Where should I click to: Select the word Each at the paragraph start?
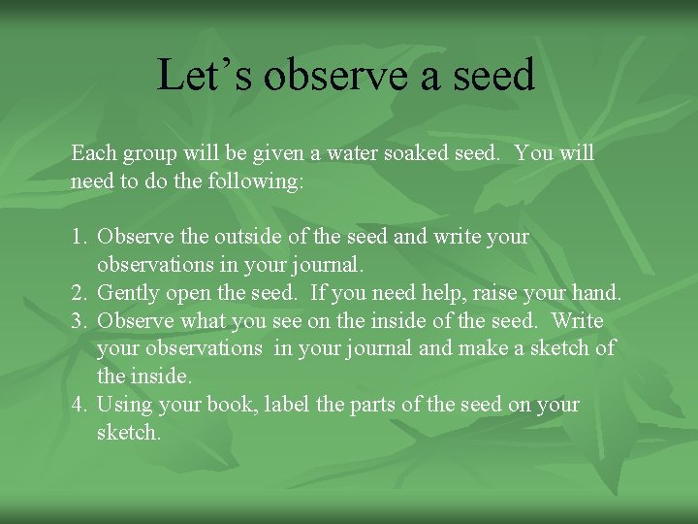[x=93, y=153]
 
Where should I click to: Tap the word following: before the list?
[x=255, y=181]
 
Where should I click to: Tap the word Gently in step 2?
[x=130, y=293]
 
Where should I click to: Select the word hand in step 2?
[x=598, y=293]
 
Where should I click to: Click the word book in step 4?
[x=228, y=405]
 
